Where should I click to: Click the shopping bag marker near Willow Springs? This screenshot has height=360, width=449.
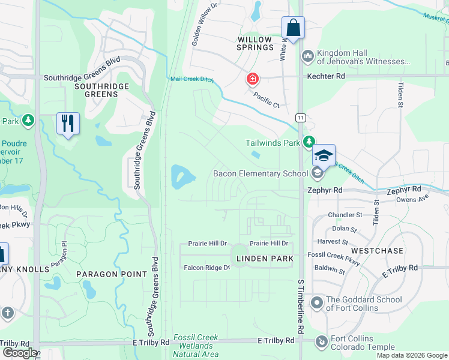point(293,28)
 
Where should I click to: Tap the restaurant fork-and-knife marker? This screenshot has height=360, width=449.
point(68,124)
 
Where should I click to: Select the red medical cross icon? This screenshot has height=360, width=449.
point(253,79)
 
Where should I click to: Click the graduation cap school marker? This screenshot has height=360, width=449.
point(324,155)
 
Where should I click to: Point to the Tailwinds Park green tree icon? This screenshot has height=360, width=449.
point(309,142)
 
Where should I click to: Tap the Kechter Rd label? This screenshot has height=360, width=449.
point(326,77)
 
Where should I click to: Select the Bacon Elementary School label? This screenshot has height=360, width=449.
point(261,174)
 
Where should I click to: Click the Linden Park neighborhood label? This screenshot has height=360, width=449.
point(265,259)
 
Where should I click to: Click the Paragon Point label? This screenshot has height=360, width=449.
point(112,274)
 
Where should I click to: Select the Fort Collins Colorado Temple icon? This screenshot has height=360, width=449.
point(322,342)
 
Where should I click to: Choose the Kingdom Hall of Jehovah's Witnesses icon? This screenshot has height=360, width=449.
point(308,56)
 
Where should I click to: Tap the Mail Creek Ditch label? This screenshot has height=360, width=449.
point(192,79)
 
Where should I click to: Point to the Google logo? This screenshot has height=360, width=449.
point(19,353)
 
